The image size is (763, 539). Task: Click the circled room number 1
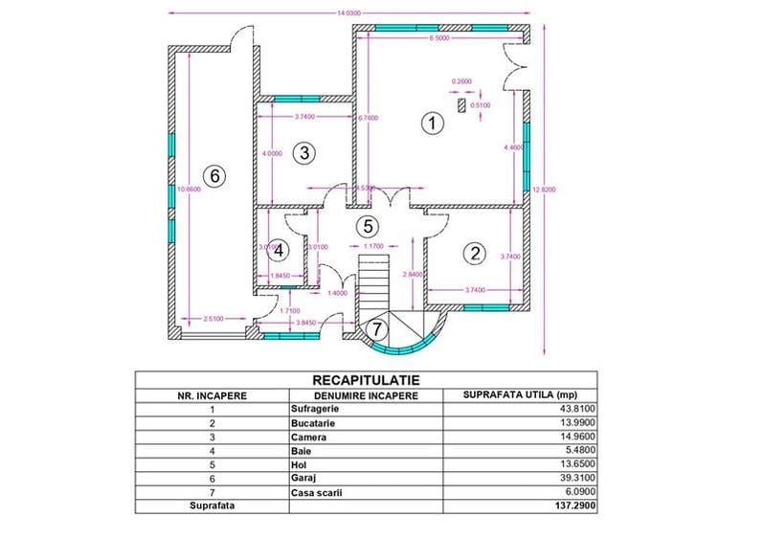point(433,123)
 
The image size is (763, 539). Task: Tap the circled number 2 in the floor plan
point(474,254)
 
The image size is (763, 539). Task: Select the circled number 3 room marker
point(303,151)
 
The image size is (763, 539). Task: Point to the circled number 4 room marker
point(279,249)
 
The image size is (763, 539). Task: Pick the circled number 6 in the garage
point(215,175)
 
